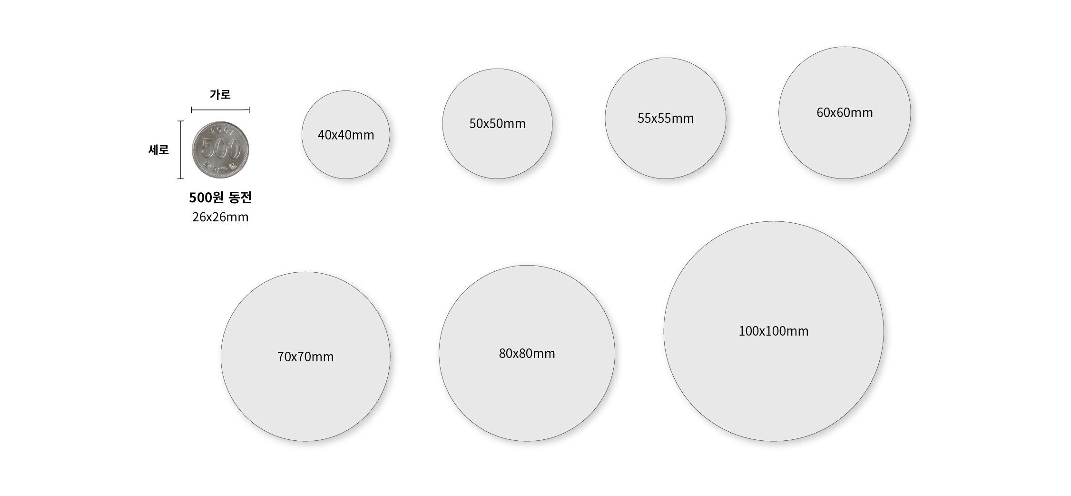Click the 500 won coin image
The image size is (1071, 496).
220,150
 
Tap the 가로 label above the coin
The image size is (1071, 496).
220,95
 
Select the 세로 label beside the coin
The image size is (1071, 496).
158,150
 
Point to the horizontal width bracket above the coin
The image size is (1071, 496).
220,110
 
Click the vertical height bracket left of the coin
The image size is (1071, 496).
180,150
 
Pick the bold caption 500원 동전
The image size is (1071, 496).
220,198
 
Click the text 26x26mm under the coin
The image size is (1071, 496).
220,218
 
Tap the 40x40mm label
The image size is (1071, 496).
346,135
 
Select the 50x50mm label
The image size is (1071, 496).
497,124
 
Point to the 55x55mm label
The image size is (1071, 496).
666,119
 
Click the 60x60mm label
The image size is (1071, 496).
845,113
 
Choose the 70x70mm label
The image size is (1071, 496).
305,357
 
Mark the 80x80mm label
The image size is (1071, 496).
527,354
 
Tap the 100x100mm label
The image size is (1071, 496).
773,331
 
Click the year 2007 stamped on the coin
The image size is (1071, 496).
221,130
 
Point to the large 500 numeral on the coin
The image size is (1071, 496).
220,149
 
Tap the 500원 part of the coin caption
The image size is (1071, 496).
207,198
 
